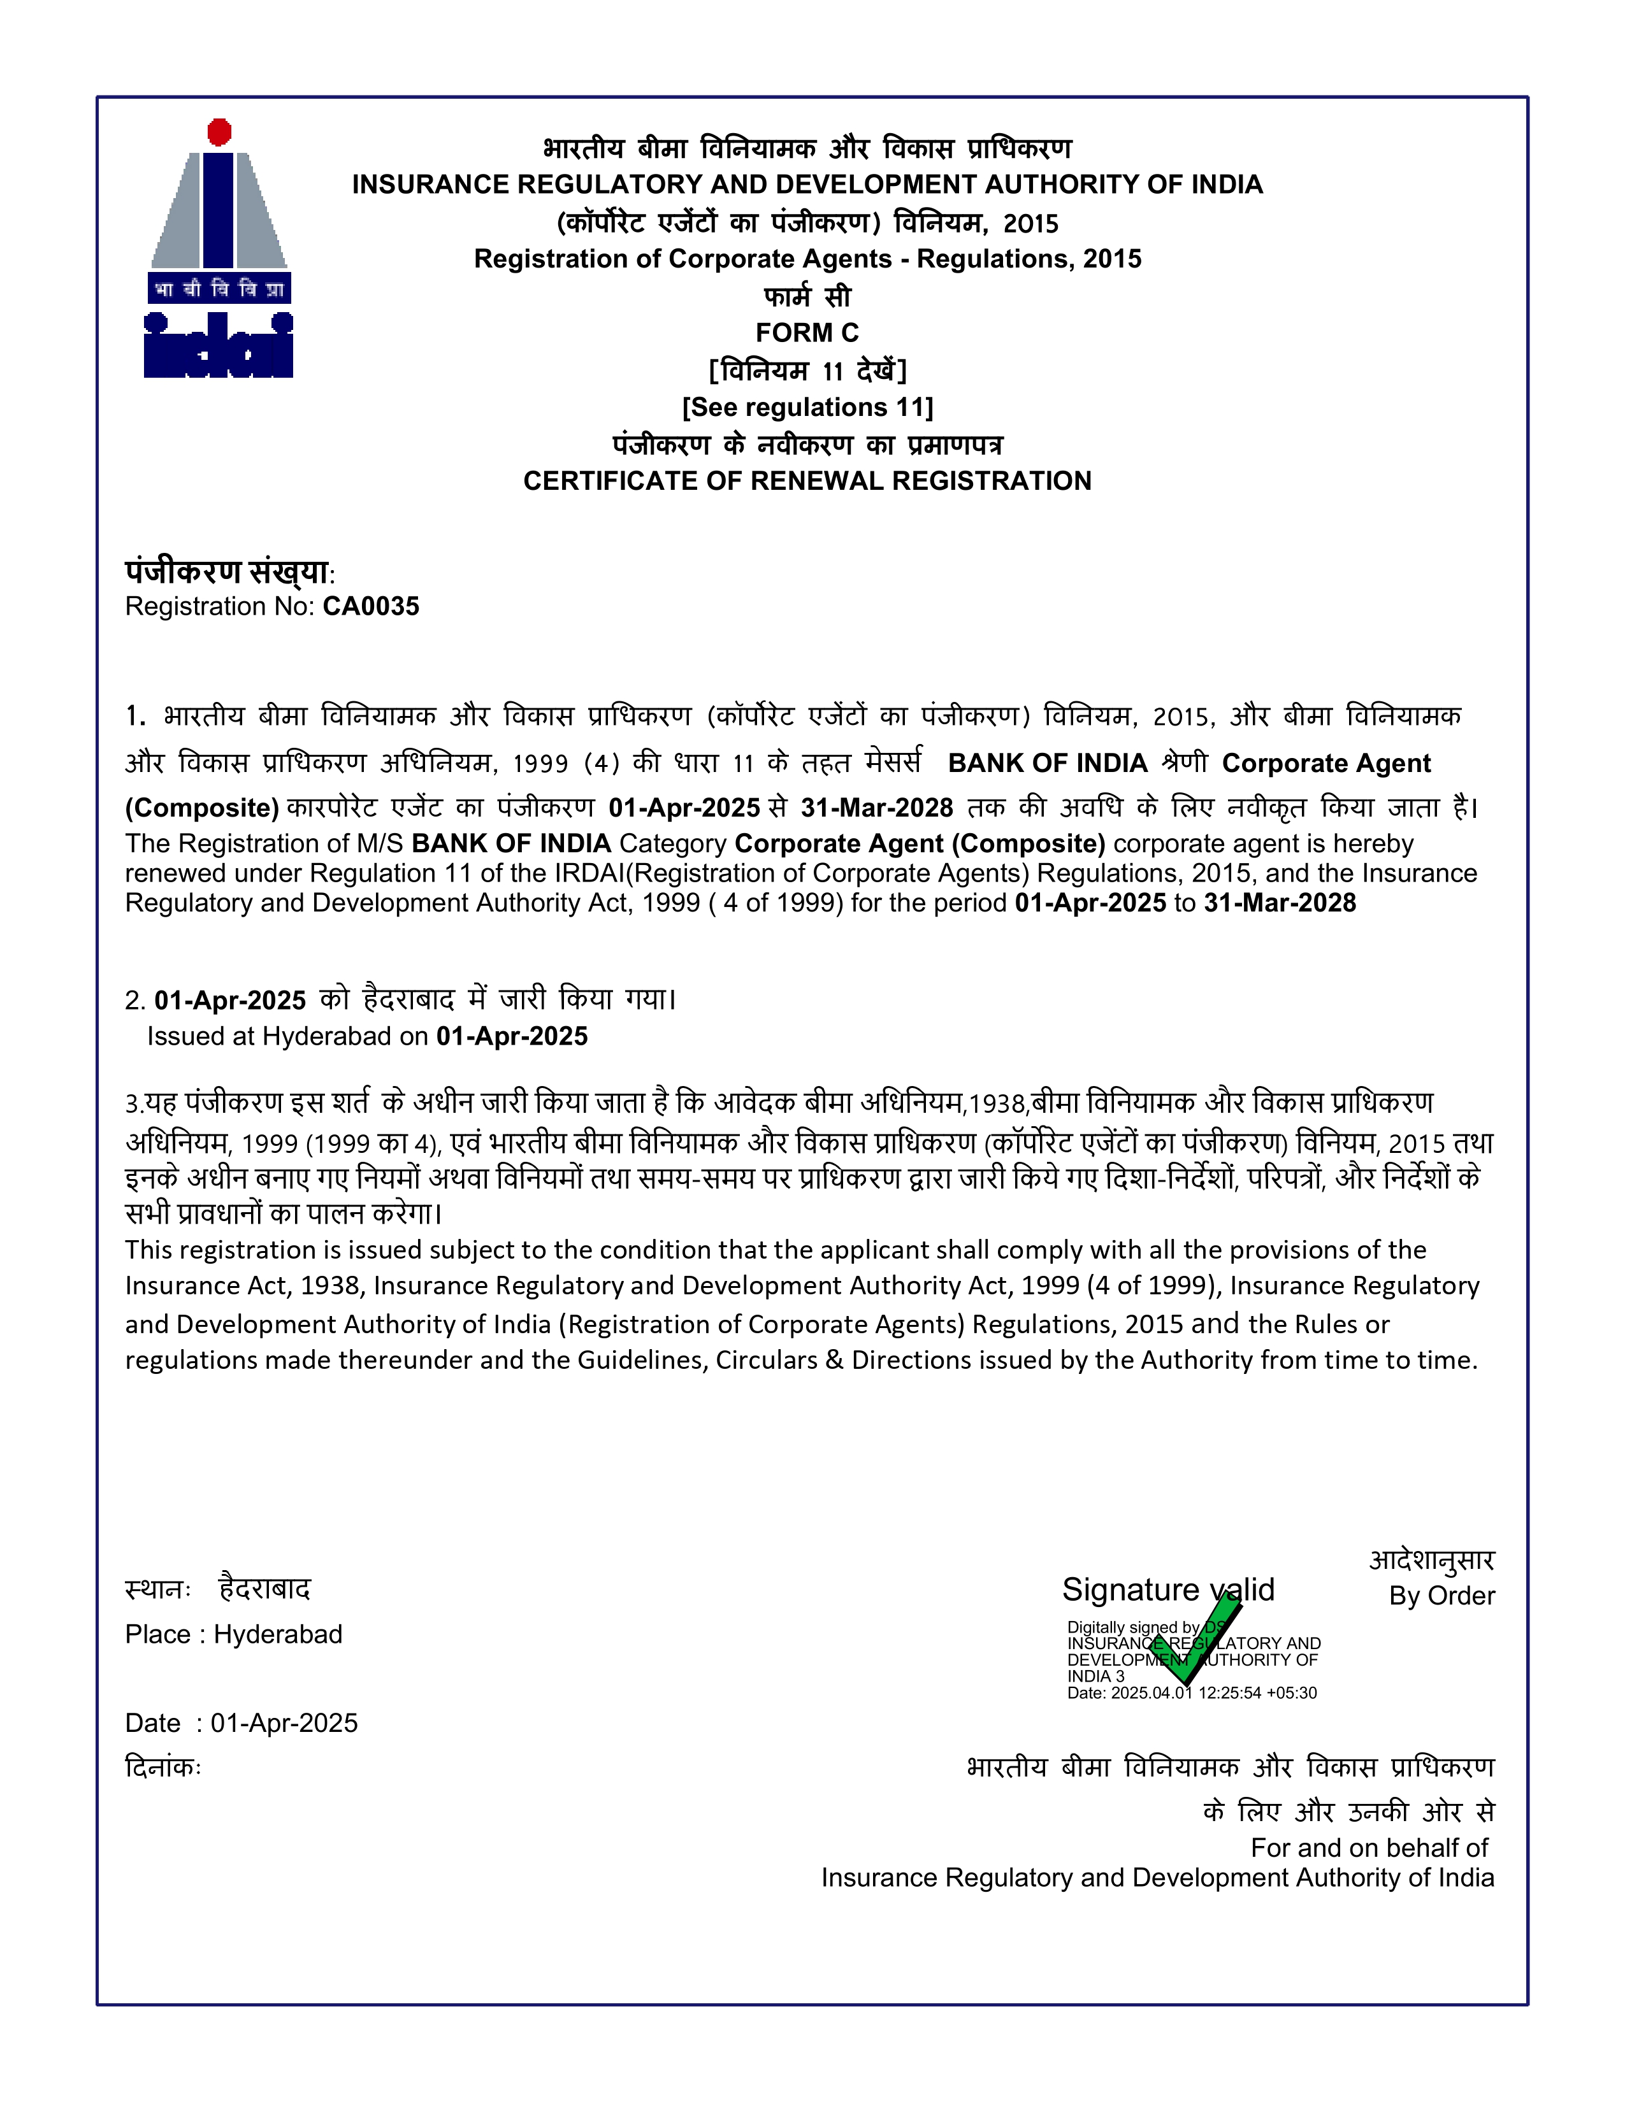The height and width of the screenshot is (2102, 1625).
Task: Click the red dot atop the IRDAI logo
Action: (x=219, y=132)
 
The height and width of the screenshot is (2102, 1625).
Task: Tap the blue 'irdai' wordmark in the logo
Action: (x=219, y=345)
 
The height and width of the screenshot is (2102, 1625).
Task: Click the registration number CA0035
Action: (x=371, y=606)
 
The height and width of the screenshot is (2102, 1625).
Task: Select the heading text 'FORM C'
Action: (x=807, y=333)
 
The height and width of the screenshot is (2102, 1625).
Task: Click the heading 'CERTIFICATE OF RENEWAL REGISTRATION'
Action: (x=807, y=481)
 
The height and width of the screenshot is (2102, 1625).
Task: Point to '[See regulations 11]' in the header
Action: (x=807, y=407)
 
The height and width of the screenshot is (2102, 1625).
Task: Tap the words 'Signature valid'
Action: (x=1167, y=1590)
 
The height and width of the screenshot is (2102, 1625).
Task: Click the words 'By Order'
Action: (x=1441, y=1596)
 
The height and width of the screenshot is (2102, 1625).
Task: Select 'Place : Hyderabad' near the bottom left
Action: (x=234, y=1634)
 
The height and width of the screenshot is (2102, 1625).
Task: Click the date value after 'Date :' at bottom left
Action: (x=284, y=1723)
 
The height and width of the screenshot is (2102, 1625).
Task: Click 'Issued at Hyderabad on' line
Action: (x=288, y=1036)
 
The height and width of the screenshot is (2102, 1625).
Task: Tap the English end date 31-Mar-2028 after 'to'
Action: (x=1280, y=903)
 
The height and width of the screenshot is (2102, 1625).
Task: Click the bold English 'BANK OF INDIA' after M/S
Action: (x=511, y=844)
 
